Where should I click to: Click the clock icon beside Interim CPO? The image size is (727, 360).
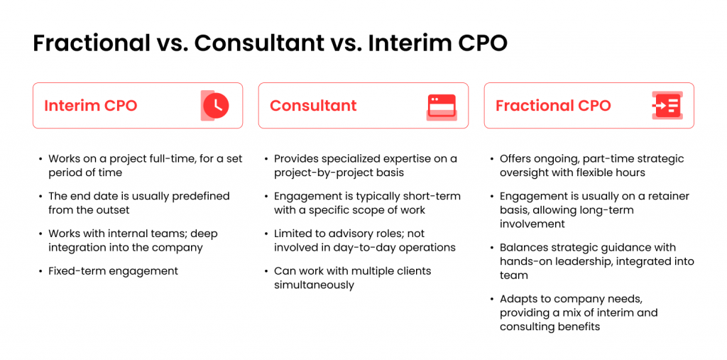[x=214, y=106]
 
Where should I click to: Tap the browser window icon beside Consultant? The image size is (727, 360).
[x=442, y=107]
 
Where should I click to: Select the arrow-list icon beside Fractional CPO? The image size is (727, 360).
[x=666, y=106]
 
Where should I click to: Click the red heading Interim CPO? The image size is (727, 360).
[x=91, y=106]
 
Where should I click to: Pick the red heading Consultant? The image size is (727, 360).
[x=313, y=106]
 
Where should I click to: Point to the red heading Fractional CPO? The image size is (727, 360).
[x=553, y=106]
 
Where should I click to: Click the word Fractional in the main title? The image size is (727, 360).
[x=88, y=43]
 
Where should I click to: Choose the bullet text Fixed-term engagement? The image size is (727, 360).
[x=114, y=271]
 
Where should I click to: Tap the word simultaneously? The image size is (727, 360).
[x=314, y=285]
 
